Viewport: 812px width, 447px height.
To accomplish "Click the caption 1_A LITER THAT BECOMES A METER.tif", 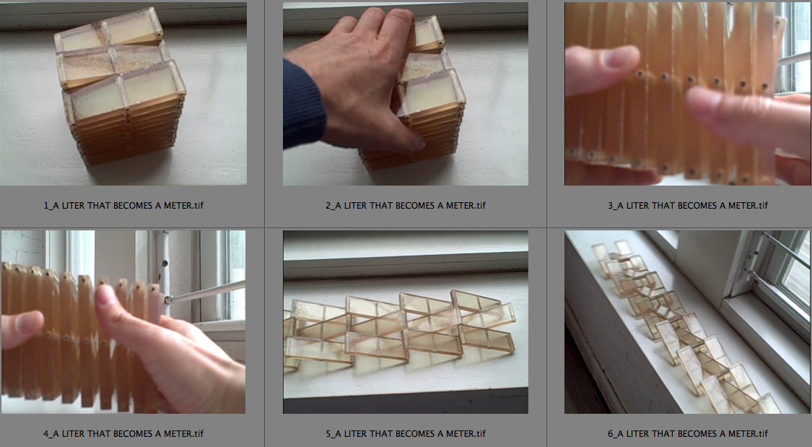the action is [123, 205].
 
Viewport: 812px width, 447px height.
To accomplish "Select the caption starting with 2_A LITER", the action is [406, 205].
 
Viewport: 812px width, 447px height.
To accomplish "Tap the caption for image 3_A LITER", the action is [688, 205].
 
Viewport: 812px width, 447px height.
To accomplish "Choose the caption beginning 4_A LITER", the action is [123, 433].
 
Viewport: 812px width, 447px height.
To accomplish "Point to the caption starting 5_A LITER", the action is [406, 433].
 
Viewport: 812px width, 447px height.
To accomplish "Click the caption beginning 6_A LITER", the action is [688, 433].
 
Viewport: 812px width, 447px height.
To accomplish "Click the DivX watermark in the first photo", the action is [224, 175].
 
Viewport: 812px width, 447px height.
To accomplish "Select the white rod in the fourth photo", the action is [204, 292].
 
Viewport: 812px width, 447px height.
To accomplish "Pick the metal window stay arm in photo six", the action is [772, 259].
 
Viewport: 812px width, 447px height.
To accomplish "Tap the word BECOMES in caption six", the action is [697, 433].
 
